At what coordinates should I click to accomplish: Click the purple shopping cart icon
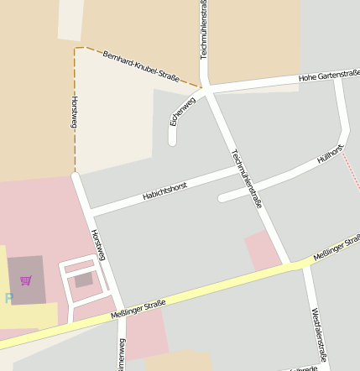(x=25, y=280)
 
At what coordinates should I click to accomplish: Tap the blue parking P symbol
(x=8, y=297)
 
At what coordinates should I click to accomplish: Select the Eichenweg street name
(x=183, y=112)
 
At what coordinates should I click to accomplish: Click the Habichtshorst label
(x=164, y=191)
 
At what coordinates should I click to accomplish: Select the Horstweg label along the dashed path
(x=75, y=112)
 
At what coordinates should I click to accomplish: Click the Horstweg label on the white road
(x=97, y=244)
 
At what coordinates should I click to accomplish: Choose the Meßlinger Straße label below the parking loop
(x=138, y=309)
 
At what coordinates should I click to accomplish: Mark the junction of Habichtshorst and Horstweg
(x=88, y=210)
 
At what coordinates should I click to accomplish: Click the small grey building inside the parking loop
(x=83, y=280)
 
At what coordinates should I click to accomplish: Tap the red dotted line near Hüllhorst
(x=352, y=173)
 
